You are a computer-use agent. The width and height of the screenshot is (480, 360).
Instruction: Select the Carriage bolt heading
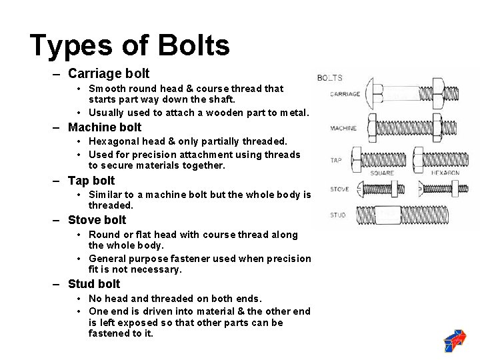[109, 74]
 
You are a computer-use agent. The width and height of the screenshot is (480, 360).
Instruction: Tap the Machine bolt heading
[105, 127]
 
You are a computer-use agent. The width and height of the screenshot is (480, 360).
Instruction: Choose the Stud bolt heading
[94, 284]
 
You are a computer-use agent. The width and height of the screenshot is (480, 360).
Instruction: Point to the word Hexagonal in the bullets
[116, 141]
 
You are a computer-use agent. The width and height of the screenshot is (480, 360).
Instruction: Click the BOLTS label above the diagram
[329, 78]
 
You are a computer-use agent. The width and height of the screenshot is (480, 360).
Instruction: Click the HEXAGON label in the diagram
[446, 173]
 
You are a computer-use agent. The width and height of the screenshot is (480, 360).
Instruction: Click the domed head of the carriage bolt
[369, 94]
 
